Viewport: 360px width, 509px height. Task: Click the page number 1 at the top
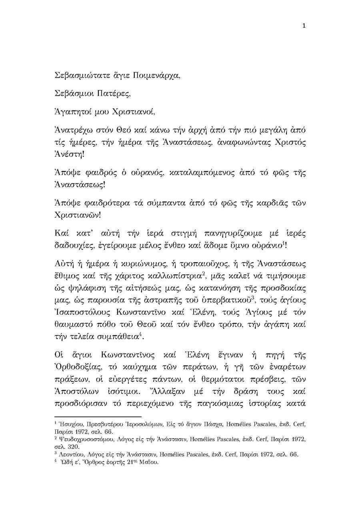pos(304,26)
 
